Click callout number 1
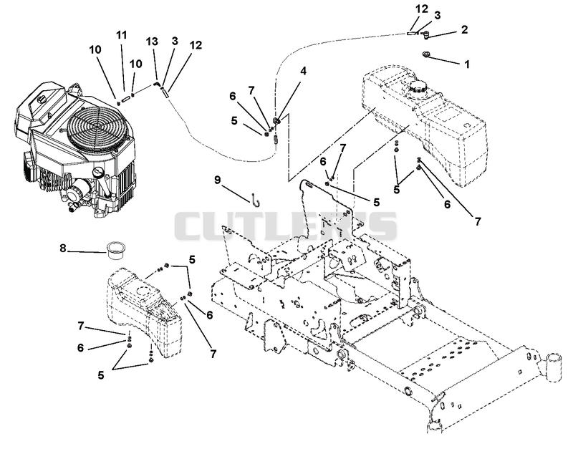click(467, 64)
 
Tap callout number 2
click(464, 29)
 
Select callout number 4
click(303, 71)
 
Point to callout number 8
click(63, 248)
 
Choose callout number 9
click(218, 180)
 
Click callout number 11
click(122, 35)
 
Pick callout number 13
click(152, 41)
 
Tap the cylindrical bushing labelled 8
click(115, 251)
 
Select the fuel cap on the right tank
click(418, 87)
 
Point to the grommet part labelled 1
click(426, 54)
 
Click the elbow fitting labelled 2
click(425, 35)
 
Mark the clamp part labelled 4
click(277, 120)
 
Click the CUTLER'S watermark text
click(285, 226)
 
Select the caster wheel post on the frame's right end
click(553, 367)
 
